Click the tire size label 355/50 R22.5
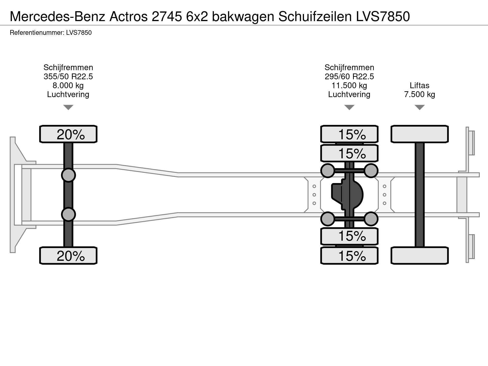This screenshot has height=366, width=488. pyautogui.click(x=68, y=77)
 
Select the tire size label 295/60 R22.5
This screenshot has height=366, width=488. pyautogui.click(x=349, y=77)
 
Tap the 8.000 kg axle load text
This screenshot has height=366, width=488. pyautogui.click(x=68, y=86)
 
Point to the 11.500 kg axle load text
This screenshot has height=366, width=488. pyautogui.click(x=349, y=86)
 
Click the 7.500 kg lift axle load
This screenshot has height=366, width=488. pyautogui.click(x=420, y=95)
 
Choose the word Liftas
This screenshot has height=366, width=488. pyautogui.click(x=420, y=85)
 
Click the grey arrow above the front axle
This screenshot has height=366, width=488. pyautogui.click(x=68, y=107)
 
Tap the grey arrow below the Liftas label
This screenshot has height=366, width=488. pyautogui.click(x=420, y=107)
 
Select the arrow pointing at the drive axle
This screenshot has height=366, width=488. pyautogui.click(x=349, y=107)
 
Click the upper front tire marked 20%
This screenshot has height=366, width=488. pyautogui.click(x=68, y=134)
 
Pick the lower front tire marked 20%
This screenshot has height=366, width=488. pyautogui.click(x=68, y=255)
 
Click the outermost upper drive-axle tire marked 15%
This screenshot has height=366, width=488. pyautogui.click(x=349, y=134)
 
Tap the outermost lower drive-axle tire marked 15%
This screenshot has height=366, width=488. pyautogui.click(x=349, y=255)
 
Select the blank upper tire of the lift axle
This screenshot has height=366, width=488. pyautogui.click(x=420, y=134)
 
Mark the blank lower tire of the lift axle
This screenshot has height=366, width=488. pyautogui.click(x=420, y=255)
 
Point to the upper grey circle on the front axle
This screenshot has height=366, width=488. pyautogui.click(x=68, y=175)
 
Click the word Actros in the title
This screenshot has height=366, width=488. pyautogui.click(x=129, y=17)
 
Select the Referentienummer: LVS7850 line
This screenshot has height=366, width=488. pyautogui.click(x=51, y=33)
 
